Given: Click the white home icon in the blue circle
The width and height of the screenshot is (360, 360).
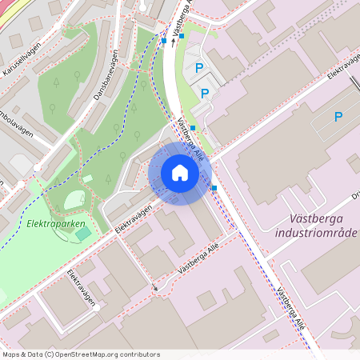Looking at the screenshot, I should click(180, 173).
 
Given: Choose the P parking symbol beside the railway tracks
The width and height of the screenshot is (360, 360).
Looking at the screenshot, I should click(338, 117).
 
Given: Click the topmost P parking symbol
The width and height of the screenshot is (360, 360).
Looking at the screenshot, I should click(198, 70).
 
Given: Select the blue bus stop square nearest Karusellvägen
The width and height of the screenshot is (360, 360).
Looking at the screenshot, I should click(164, 40).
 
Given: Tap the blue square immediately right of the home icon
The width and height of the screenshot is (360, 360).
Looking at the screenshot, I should click(214, 188).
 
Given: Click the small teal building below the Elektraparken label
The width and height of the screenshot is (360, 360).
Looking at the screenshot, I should click(83, 233).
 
